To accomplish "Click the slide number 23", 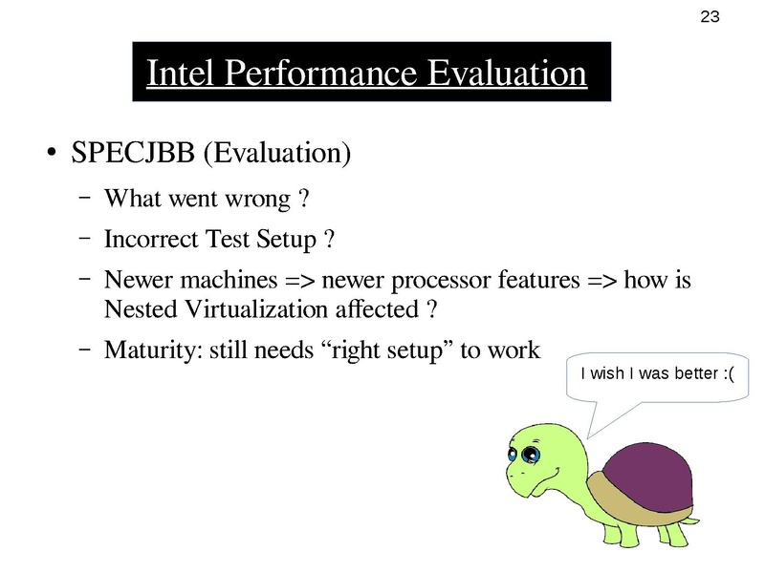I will [x=710, y=16].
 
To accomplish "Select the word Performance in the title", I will [x=318, y=74].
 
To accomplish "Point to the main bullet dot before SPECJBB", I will [x=50, y=155].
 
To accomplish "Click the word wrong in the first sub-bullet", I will [x=259, y=200].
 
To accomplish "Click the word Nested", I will [x=134, y=309].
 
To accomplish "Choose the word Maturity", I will [x=144, y=350].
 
